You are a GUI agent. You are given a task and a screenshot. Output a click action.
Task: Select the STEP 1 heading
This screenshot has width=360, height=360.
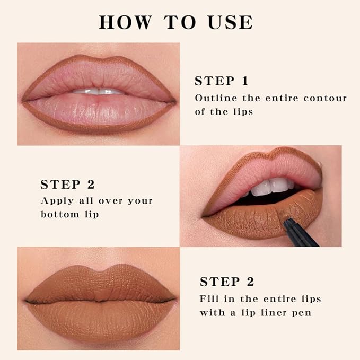coord(221,81)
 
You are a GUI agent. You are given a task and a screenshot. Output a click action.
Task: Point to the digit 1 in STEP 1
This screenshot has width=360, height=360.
coord(244,81)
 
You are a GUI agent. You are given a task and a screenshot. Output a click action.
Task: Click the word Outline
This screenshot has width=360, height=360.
coord(214,98)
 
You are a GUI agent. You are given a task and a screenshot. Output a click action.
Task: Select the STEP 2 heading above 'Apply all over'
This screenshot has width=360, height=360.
coord(67,185)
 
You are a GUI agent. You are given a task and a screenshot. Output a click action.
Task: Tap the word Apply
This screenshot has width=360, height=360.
coord(56,201)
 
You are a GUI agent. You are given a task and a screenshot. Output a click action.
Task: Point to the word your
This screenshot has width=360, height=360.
coord(139,201)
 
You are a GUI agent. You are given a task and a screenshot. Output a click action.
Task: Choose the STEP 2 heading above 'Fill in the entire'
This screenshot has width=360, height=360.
coord(226,281)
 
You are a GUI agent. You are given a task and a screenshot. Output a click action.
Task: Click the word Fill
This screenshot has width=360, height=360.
coord(209,298)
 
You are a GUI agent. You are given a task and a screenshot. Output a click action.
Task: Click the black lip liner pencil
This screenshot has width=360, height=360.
coord(300,234)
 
